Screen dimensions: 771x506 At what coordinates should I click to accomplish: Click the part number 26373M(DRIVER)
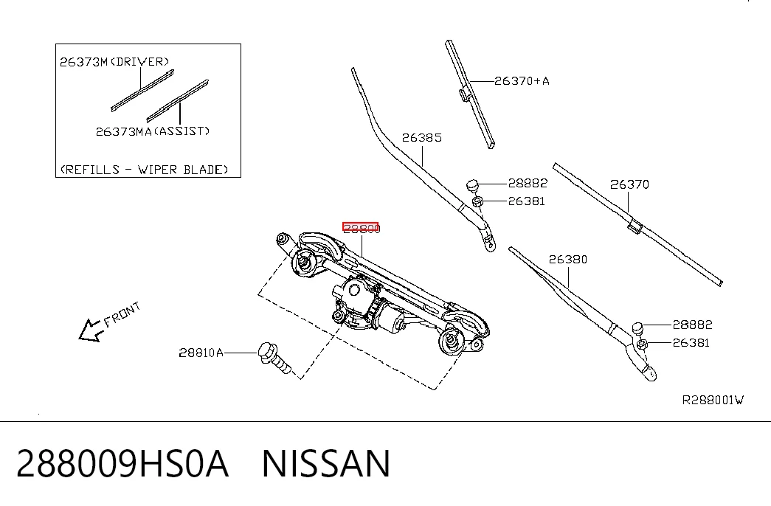(x=114, y=62)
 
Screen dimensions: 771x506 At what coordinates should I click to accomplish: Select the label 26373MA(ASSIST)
(x=153, y=131)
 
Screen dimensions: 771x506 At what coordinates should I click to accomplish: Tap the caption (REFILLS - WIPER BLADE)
(x=145, y=170)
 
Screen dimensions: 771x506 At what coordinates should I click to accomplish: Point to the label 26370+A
(x=522, y=81)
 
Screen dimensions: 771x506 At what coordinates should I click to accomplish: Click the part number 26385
(x=422, y=138)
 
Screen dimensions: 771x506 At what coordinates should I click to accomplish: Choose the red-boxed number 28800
(x=361, y=228)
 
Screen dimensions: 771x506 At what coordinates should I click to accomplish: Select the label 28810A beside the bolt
(x=201, y=353)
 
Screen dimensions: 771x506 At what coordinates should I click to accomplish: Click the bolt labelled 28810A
(x=274, y=358)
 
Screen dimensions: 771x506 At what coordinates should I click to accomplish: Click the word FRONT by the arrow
(x=122, y=313)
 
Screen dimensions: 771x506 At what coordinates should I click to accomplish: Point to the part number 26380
(x=568, y=259)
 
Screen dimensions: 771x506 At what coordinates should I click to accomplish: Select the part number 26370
(x=629, y=184)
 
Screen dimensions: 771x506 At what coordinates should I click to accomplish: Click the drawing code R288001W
(x=713, y=401)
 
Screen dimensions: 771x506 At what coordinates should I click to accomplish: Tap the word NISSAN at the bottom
(x=326, y=464)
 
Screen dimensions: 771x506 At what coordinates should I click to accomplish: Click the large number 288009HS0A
(x=122, y=464)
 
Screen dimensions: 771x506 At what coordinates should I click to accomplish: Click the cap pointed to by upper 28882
(x=472, y=185)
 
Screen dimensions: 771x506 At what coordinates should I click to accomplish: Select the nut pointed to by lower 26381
(x=642, y=344)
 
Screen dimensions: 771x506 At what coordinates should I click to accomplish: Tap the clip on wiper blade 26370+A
(x=463, y=94)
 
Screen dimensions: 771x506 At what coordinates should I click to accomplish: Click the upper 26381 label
(x=527, y=201)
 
